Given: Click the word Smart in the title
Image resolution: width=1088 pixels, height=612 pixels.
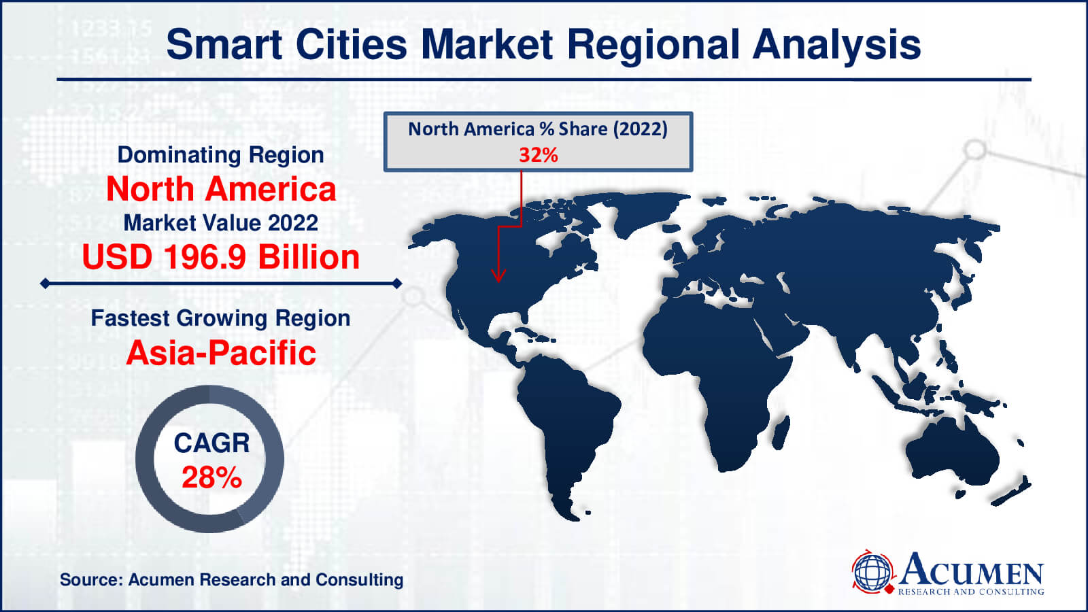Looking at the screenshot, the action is pos(224,44).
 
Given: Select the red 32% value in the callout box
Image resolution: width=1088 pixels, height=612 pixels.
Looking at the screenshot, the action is pos(538,156).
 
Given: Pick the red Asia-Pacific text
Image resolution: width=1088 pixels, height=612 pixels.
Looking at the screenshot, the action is pos(221,353).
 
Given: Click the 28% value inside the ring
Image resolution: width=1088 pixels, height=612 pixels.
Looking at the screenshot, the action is pos(211,477).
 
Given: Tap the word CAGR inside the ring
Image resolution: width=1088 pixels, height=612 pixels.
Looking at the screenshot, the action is pos(211,443).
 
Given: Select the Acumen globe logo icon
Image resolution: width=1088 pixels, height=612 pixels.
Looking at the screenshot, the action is pos(872,572).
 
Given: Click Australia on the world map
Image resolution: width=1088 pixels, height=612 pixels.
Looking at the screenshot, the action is pos(953,452).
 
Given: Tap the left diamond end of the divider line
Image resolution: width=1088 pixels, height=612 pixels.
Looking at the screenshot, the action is pos(45,283).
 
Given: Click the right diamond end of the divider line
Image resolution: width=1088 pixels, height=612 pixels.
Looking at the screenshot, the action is pos(397,283).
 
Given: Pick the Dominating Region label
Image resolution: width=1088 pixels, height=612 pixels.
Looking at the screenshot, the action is pos(220,155).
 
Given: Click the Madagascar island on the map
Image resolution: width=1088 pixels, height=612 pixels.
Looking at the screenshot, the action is pos(781,432).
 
